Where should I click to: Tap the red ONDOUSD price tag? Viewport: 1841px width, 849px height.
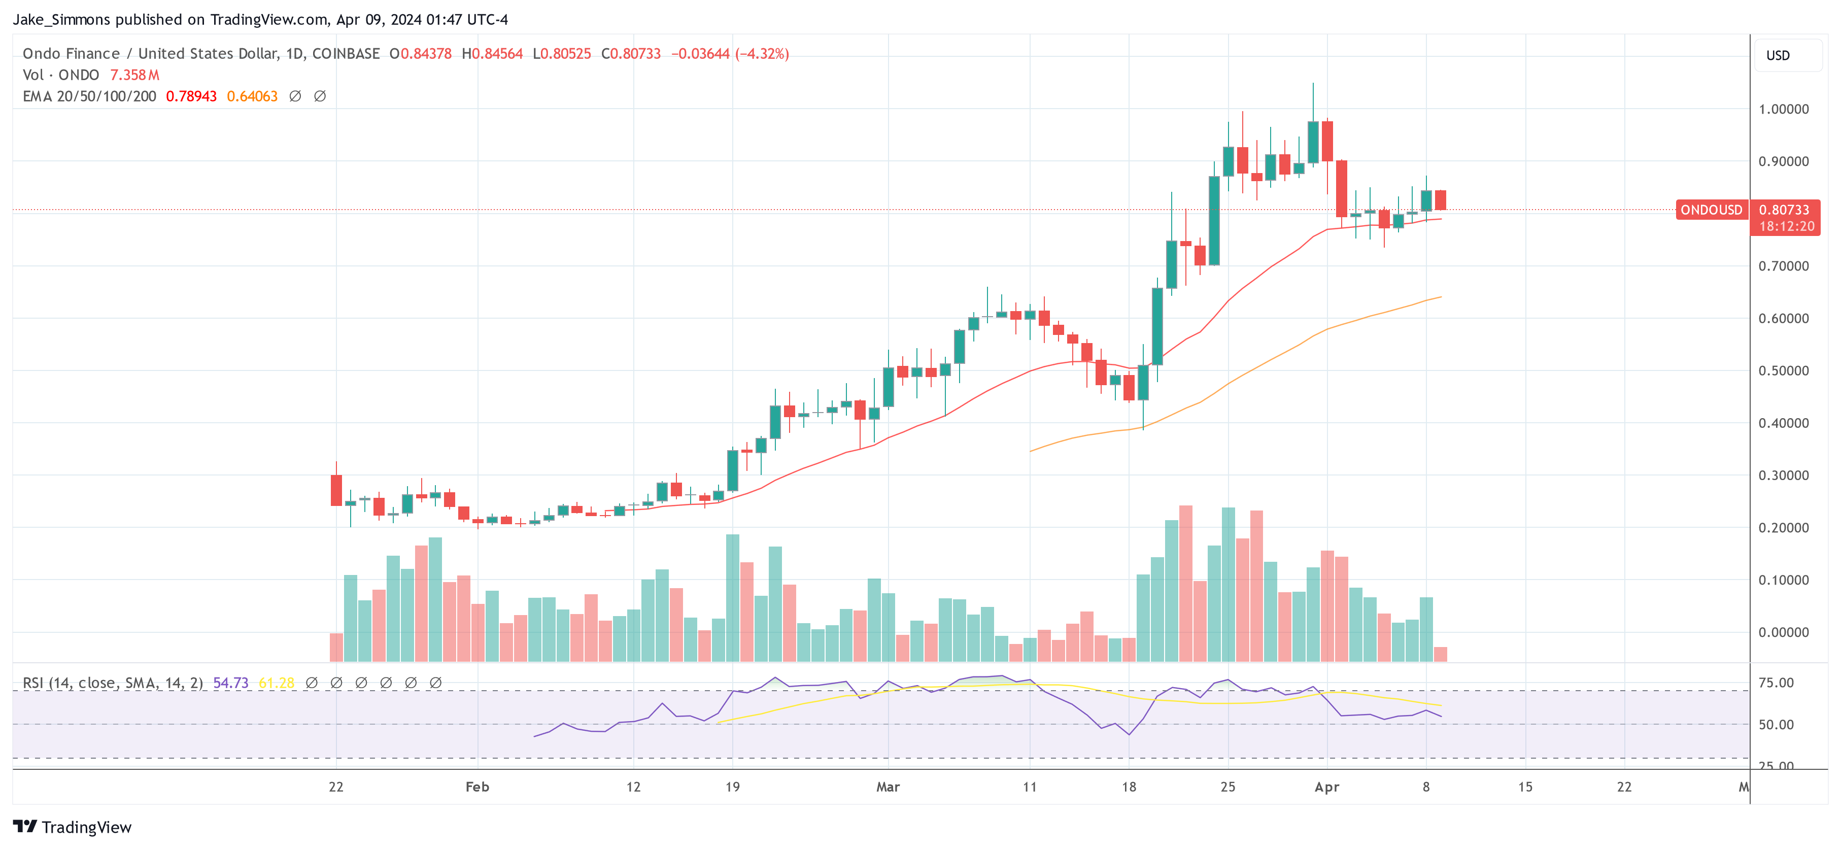point(1711,210)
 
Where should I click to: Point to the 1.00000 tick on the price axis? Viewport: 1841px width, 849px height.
point(1783,109)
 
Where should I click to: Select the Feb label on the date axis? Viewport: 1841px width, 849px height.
point(478,787)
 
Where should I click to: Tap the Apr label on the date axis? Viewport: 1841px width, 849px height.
point(1326,787)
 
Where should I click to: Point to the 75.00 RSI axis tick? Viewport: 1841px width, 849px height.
point(1776,683)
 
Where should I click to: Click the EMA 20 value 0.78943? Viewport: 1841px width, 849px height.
point(191,96)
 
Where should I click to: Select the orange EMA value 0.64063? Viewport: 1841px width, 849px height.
point(252,96)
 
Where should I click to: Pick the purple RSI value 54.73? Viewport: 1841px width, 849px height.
point(230,683)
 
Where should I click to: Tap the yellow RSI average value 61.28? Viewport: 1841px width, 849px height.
point(276,683)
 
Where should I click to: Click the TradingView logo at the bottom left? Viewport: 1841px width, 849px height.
point(72,827)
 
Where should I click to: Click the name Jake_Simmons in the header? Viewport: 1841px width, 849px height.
point(61,19)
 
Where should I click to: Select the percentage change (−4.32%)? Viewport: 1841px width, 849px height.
point(762,54)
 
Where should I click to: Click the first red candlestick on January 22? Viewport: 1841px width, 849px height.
point(336,490)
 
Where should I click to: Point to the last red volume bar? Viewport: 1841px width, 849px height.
point(1440,654)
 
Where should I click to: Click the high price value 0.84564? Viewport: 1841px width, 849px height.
point(497,54)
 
